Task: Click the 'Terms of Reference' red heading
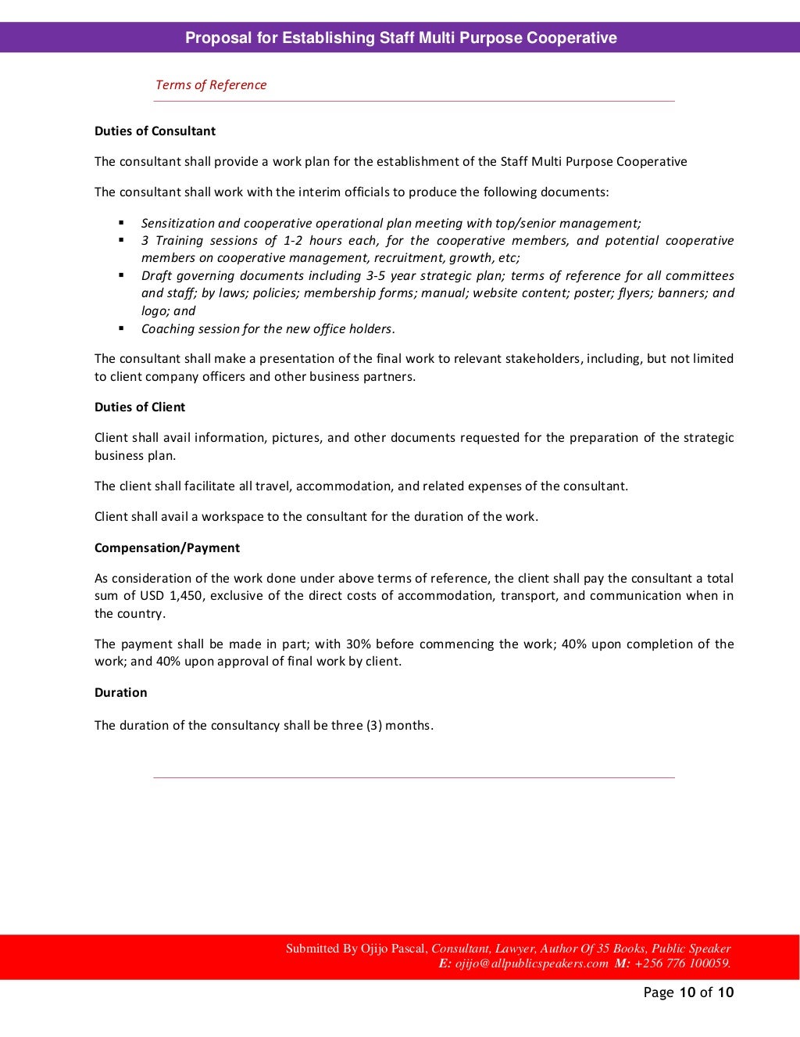(211, 85)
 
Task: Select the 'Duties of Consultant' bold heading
(155, 131)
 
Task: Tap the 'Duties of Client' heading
(140, 407)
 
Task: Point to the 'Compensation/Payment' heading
(167, 548)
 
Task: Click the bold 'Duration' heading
(121, 693)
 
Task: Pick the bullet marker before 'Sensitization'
(122, 223)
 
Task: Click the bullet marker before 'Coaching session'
(122, 328)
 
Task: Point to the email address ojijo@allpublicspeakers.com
(531, 963)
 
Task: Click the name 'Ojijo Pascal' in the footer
(394, 949)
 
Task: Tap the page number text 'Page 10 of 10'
(688, 992)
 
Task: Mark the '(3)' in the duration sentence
(374, 726)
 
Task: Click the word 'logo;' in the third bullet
(155, 311)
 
